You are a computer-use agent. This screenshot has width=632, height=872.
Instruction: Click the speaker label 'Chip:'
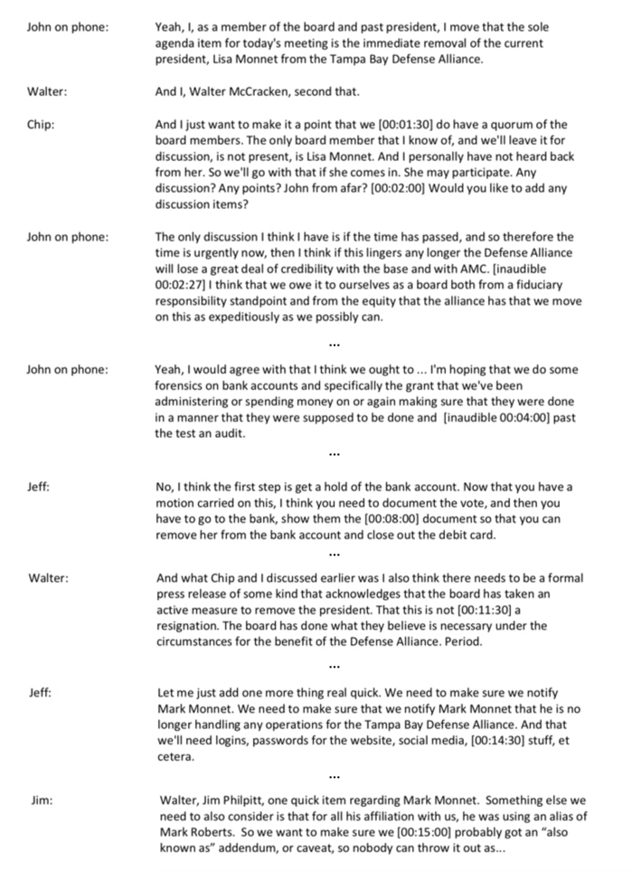click(41, 125)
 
